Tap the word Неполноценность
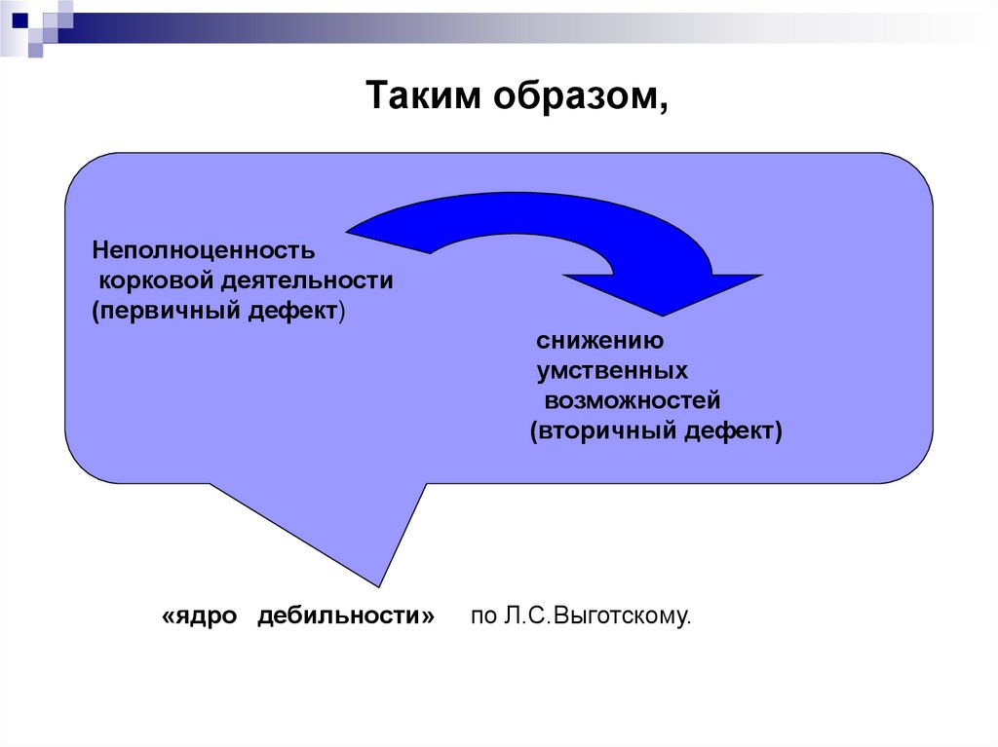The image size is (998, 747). [204, 250]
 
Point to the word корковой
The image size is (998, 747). [156, 281]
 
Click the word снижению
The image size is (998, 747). [599, 342]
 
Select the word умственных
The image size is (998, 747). [612, 371]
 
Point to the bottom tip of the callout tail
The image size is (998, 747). [380, 586]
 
